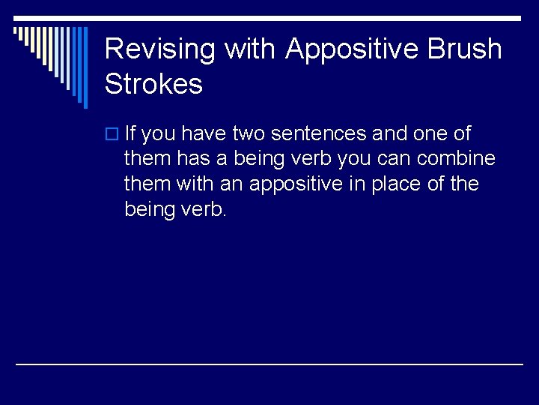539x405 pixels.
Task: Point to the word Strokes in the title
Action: [x=153, y=84]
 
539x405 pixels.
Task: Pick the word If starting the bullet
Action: [x=130, y=133]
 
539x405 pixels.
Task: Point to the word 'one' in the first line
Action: [x=430, y=134]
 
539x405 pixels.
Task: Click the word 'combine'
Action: [x=466, y=159]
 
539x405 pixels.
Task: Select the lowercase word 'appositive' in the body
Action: [x=296, y=184]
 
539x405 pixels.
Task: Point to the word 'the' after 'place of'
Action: [x=464, y=184]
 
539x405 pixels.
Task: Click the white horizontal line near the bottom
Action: [x=269, y=364]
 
